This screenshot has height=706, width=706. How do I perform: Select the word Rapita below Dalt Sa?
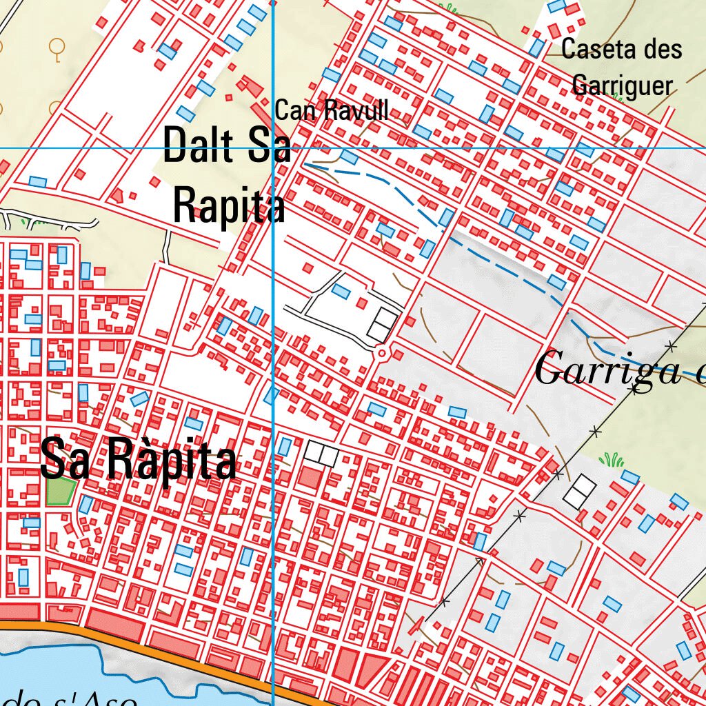click(229, 205)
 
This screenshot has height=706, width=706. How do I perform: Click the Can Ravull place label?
click(332, 111)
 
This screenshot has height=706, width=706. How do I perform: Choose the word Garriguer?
click(622, 85)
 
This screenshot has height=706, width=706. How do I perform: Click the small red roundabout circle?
click(381, 354)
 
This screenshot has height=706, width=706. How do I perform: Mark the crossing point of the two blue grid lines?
click(274, 148)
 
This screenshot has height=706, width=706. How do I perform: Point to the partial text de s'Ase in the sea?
click(69, 698)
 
